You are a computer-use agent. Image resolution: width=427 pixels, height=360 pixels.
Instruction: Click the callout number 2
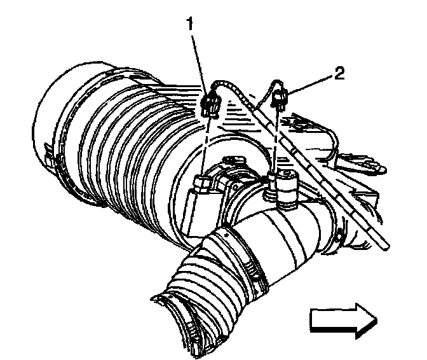pyautogui.click(x=339, y=74)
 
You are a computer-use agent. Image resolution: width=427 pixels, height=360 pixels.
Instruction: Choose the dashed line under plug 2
pyautogui.click(x=276, y=140)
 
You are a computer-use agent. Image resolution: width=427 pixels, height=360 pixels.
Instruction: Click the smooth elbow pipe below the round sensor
pyautogui.click(x=286, y=235)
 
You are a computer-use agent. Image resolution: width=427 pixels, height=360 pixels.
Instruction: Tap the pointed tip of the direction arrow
pyautogui.click(x=375, y=318)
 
